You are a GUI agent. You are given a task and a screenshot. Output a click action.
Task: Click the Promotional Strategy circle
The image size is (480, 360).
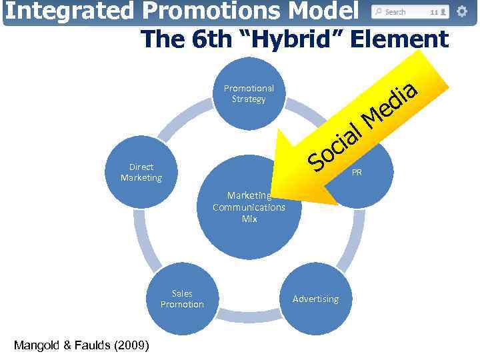(249, 93)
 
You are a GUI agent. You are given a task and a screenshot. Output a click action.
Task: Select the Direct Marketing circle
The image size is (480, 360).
(141, 172)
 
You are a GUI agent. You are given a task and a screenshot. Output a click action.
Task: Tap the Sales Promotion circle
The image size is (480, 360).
(182, 299)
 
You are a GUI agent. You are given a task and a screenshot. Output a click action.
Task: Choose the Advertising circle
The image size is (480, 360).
(315, 299)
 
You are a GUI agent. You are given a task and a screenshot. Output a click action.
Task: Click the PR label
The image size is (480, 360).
(357, 172)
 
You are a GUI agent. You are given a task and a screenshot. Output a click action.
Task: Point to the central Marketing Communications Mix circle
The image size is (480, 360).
(249, 207)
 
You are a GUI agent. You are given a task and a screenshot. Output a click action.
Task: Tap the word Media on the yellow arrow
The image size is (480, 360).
(390, 104)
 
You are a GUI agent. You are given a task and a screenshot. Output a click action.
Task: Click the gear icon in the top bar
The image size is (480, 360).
(462, 11)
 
